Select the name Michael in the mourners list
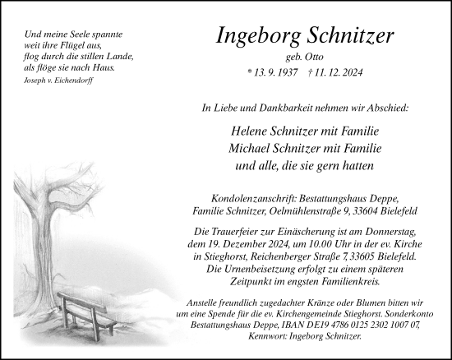coord(254,148)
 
